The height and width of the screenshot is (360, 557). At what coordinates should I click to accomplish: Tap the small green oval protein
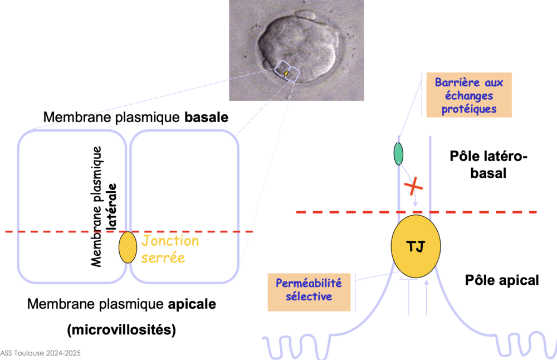[399, 154]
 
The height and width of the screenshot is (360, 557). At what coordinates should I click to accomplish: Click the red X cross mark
[413, 188]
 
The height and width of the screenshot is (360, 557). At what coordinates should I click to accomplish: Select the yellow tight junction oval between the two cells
[128, 247]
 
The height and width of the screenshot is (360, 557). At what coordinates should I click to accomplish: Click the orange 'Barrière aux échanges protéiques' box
[468, 95]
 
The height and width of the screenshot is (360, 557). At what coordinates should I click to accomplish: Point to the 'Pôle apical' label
[502, 280]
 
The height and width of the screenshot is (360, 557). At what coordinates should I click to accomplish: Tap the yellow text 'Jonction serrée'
[170, 249]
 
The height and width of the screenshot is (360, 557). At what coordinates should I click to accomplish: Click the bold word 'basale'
[209, 118]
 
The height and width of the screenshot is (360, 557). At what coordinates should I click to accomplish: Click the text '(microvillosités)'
[121, 329]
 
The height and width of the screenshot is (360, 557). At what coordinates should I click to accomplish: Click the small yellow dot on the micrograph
[286, 73]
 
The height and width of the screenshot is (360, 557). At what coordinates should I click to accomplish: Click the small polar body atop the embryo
[306, 14]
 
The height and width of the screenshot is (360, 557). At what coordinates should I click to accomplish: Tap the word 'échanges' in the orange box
[468, 95]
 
